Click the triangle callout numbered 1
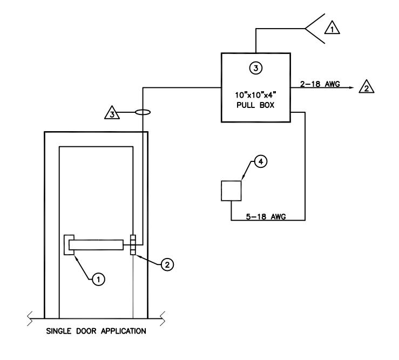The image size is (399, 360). point(332,28)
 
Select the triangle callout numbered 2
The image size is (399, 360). point(367,87)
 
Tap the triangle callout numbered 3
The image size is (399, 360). point(112,113)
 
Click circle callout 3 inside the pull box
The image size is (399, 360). point(256,68)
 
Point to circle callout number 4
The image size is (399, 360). point(261,161)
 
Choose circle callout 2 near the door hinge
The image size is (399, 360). point(167,264)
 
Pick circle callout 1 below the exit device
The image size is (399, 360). point(98,280)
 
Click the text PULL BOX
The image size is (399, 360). point(255,105)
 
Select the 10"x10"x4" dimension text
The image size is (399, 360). point(255,95)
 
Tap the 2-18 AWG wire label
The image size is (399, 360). point(320,84)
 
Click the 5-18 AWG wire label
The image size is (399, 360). point(266,216)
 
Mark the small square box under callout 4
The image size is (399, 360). point(231,191)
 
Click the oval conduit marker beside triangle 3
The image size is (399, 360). point(143,112)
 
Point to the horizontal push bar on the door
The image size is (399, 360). point(96,244)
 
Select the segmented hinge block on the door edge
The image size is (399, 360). point(133,244)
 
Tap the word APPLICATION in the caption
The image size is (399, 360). point(124,331)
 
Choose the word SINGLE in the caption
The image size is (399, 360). point(58,331)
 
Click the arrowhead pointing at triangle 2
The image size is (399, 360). point(351,87)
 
